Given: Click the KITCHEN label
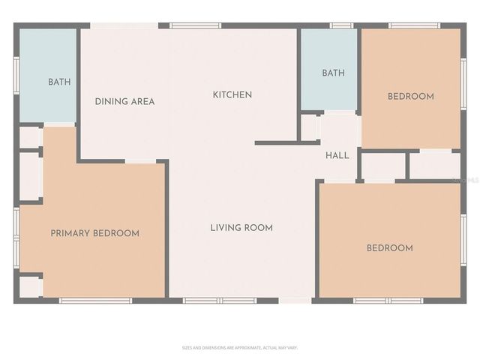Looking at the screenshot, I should click(x=232, y=94).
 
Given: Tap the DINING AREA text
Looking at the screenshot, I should click(x=124, y=101).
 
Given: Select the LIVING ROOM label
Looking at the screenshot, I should click(x=241, y=228).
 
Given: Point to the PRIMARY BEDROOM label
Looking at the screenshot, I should click(x=94, y=233).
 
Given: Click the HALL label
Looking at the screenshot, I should click(x=337, y=156).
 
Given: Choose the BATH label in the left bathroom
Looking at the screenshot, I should click(x=59, y=82).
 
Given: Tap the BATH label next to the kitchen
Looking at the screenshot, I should click(x=333, y=73).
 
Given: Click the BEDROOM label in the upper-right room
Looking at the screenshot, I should click(x=410, y=96).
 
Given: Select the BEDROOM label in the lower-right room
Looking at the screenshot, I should click(x=388, y=248).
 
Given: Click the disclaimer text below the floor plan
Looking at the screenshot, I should click(x=240, y=348).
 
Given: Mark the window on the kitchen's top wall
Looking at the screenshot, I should click(x=195, y=26).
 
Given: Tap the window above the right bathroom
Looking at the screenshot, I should click(x=342, y=26).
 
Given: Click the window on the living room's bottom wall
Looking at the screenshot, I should click(x=208, y=301).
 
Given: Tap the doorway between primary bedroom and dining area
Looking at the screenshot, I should click(x=140, y=160).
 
